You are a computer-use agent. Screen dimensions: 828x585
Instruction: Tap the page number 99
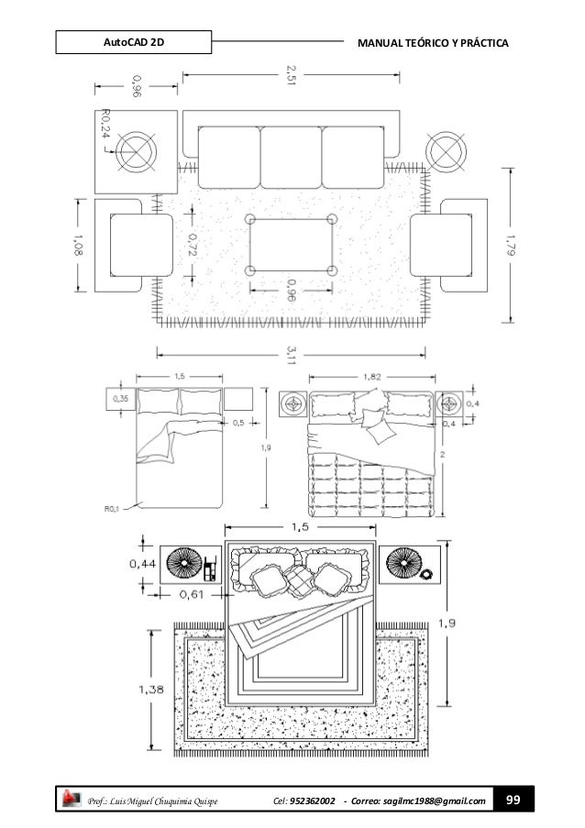pos(513,802)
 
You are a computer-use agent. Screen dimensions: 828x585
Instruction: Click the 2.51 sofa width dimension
pos(292,72)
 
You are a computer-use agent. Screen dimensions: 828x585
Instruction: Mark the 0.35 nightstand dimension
pos(119,400)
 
